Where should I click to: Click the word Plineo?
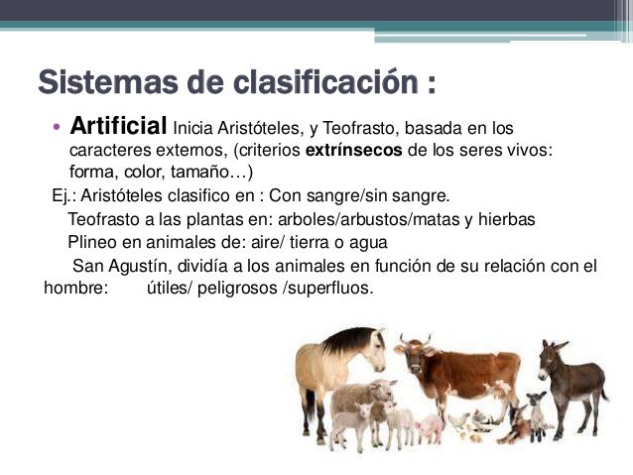pyautogui.click(x=92, y=242)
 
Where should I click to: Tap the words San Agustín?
pyautogui.click(x=115, y=266)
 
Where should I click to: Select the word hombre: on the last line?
pyautogui.click(x=76, y=289)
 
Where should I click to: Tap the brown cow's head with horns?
pyautogui.click(x=411, y=355)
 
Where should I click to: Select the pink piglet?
pyautogui.click(x=431, y=427)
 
